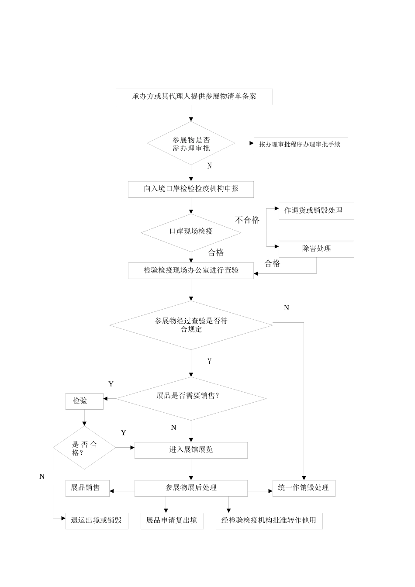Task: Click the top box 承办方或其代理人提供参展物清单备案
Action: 194,97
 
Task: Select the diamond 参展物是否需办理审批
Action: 191,144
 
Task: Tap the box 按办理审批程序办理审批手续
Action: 301,145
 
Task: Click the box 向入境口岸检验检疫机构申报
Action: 190,189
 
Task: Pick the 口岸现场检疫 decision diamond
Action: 191,232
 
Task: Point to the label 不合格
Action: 247,220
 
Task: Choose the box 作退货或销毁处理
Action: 316,211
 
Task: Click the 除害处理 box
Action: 316,249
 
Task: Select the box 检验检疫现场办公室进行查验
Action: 190,270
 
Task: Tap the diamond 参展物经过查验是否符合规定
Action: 191,325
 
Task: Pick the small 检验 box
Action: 84,401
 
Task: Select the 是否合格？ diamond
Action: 84,448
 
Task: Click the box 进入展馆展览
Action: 190,450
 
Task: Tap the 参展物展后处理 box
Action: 190,488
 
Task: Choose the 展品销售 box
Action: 87,488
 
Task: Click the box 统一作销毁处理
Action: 304,488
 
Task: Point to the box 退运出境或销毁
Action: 97,521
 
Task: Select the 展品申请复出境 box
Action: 172,521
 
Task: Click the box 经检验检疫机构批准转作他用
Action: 269,521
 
